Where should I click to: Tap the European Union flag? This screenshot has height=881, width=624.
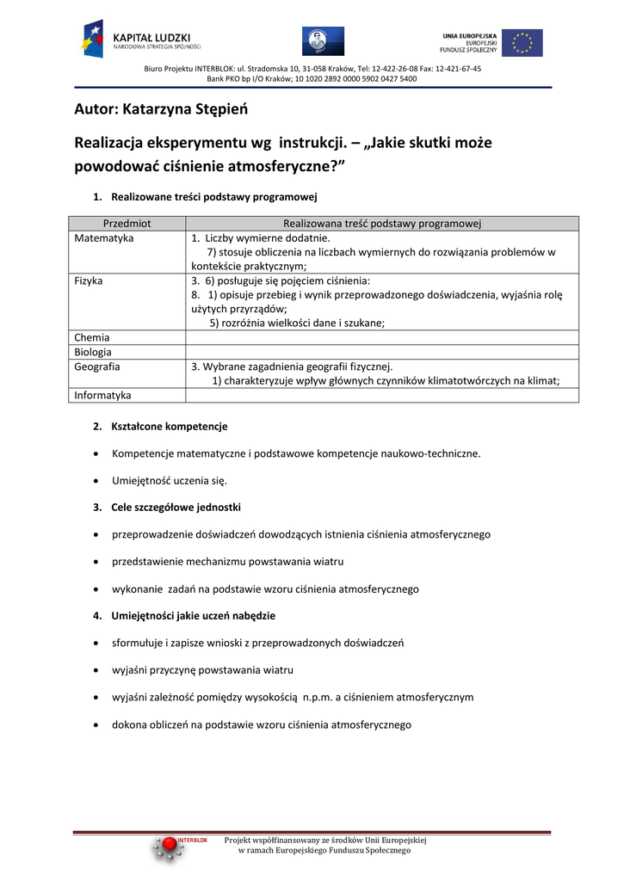pyautogui.click(x=522, y=42)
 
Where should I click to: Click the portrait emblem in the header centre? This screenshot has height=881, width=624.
pyautogui.click(x=323, y=41)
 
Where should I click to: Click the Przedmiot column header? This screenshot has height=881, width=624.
pyautogui.click(x=127, y=224)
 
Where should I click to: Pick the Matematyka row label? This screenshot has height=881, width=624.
pyautogui.click(x=104, y=238)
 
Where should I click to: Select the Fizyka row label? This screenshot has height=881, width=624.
pyautogui.click(x=89, y=280)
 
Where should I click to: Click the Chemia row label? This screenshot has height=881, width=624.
pyautogui.click(x=92, y=338)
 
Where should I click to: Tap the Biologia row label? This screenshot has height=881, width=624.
pyautogui.click(x=93, y=352)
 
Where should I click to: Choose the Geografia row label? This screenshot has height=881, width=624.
pyautogui.click(x=97, y=367)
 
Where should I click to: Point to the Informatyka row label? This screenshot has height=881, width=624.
pyautogui.click(x=103, y=396)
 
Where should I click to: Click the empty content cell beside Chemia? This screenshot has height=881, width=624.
pyautogui.click(x=381, y=338)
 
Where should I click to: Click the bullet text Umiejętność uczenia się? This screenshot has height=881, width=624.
pyautogui.click(x=170, y=480)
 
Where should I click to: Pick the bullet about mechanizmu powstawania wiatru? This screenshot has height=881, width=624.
pyautogui.click(x=227, y=562)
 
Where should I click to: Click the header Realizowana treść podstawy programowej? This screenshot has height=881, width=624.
pyautogui.click(x=381, y=224)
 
